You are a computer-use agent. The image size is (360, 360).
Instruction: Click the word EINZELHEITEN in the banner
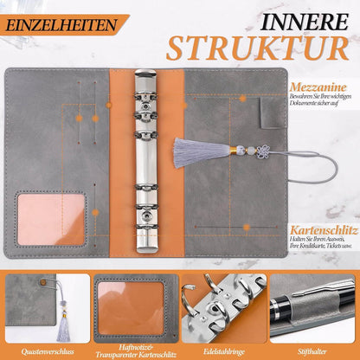click(x=61, y=25)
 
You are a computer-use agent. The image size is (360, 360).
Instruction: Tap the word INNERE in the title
click(x=304, y=22)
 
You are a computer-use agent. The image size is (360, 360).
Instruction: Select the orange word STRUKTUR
click(x=257, y=48)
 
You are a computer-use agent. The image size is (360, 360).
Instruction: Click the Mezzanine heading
click(x=318, y=87)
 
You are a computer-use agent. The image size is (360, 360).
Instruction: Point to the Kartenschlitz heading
click(x=324, y=230)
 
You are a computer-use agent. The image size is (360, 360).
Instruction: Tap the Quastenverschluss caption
click(x=48, y=351)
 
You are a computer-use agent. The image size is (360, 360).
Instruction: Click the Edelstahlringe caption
click(x=224, y=351)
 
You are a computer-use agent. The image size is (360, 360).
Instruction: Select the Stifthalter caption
click(x=312, y=351)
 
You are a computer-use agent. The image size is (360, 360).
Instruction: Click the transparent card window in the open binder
click(x=51, y=219)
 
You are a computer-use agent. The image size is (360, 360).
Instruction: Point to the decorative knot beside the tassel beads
click(x=262, y=151)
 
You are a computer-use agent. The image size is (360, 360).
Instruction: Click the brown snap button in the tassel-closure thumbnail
click(x=43, y=281)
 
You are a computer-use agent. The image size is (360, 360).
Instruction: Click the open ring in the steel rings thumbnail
click(x=189, y=300)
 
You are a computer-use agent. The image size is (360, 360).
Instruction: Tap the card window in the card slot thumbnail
click(x=131, y=308)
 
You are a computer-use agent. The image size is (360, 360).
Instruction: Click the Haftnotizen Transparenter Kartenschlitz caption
click(x=136, y=350)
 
